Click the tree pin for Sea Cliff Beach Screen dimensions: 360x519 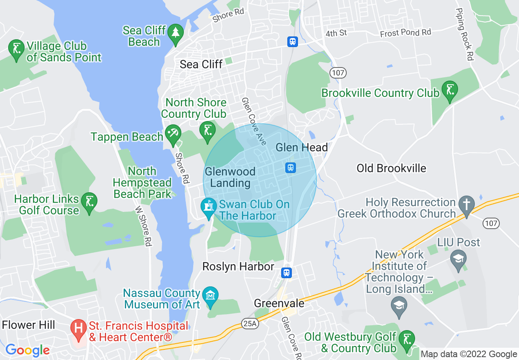pyautogui.click(x=176, y=32)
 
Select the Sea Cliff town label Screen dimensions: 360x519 pyautogui.click(x=201, y=64)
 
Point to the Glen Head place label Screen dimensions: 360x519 pyautogui.click(x=302, y=147)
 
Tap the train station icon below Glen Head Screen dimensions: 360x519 pyautogui.click(x=291, y=167)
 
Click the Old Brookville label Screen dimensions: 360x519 pyautogui.click(x=391, y=168)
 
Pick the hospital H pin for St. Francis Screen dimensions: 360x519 pyautogui.click(x=77, y=328)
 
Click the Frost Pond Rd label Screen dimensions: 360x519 pyautogui.click(x=406, y=32)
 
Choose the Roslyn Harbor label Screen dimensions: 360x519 pyautogui.click(x=238, y=267)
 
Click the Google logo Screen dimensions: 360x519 pyautogui.click(x=27, y=350)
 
